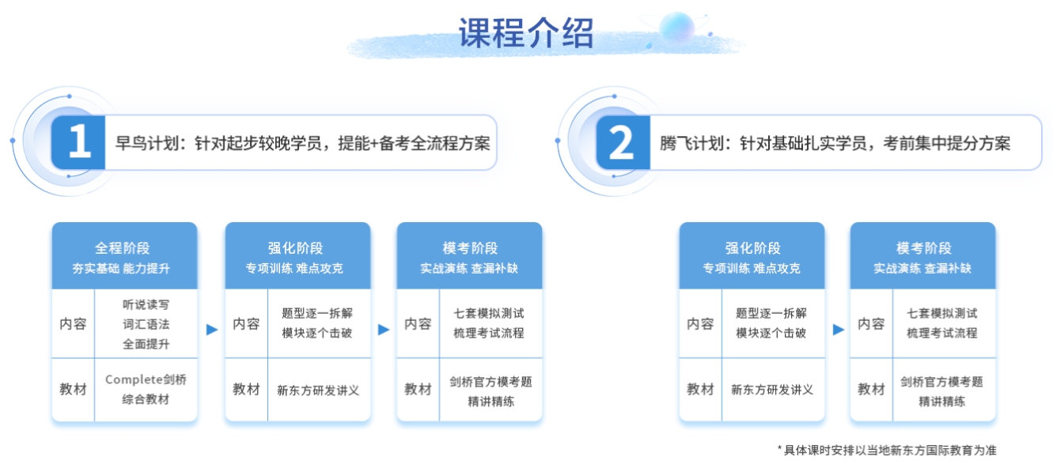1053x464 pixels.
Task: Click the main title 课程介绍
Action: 526,33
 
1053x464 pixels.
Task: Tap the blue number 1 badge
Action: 78,142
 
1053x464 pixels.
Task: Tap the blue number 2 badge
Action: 623,142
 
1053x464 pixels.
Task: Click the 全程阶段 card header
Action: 124,256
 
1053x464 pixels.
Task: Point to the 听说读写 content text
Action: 146,305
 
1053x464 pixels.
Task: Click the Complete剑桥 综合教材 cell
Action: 146,390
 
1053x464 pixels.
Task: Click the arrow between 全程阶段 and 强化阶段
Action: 212,330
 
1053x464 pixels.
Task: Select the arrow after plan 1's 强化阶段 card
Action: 384,330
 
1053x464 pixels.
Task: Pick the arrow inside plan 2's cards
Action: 838,330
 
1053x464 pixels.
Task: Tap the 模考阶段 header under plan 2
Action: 922,256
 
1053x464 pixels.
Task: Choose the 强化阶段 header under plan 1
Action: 297,256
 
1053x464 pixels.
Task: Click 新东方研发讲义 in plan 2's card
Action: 772,390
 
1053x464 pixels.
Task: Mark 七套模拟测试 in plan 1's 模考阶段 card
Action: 489,313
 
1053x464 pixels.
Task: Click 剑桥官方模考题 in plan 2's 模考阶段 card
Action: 941,382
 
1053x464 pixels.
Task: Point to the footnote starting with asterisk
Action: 887,450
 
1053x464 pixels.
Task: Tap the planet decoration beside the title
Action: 677,27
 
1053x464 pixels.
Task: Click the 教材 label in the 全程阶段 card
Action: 73,390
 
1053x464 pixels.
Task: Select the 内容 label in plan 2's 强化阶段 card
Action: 700,323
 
